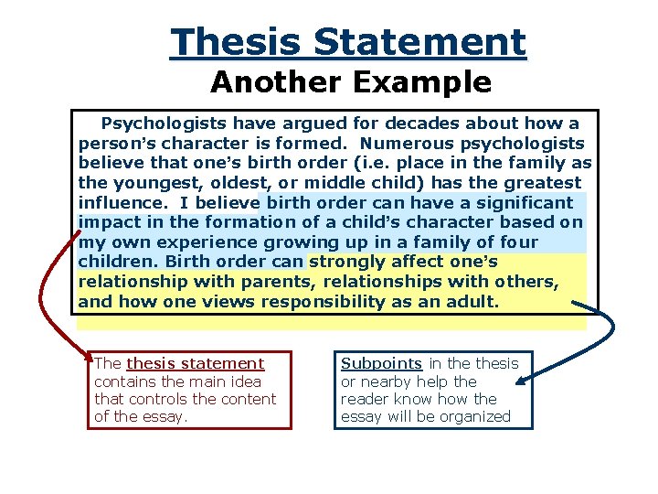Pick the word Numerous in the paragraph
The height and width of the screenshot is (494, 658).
pyautogui.click(x=399, y=144)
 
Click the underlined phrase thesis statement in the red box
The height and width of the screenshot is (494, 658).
pyautogui.click(x=195, y=364)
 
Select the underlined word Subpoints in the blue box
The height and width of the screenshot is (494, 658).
pyautogui.click(x=381, y=364)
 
